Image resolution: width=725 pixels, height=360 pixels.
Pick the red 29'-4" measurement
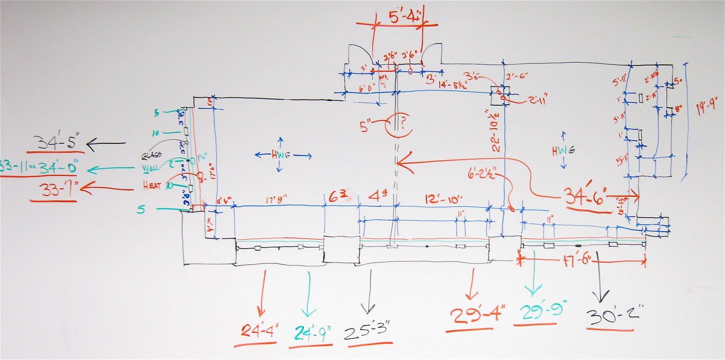point(477,314)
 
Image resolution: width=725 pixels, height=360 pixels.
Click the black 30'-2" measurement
point(612,314)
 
